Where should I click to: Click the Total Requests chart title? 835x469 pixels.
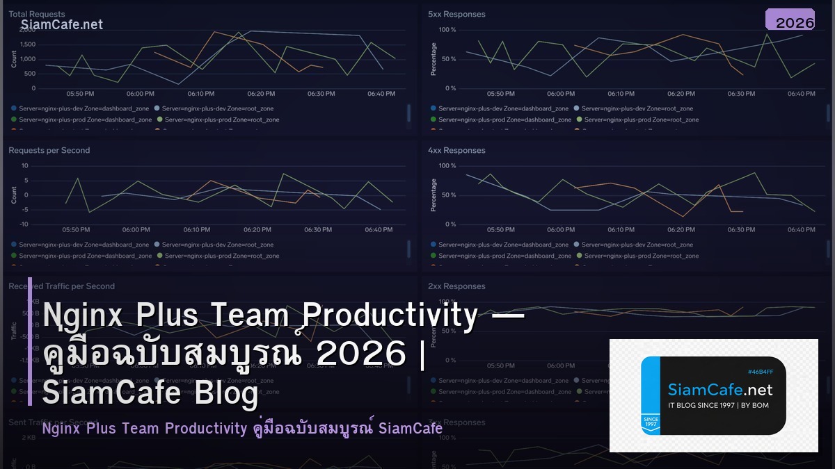[36, 14]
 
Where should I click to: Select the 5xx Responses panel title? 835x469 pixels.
[456, 14]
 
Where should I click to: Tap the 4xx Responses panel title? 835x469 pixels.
[456, 150]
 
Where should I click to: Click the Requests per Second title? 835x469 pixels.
[49, 150]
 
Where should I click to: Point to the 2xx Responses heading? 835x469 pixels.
[456, 286]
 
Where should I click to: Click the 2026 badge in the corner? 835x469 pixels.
[795, 23]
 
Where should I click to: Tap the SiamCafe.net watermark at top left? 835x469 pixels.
[61, 25]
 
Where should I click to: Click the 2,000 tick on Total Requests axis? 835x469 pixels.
[27, 30]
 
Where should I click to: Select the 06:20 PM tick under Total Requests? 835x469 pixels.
[260, 94]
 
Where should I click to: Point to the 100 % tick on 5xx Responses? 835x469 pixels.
[447, 30]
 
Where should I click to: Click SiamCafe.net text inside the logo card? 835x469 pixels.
[719, 389]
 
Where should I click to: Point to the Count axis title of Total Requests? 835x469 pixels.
[14, 59]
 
